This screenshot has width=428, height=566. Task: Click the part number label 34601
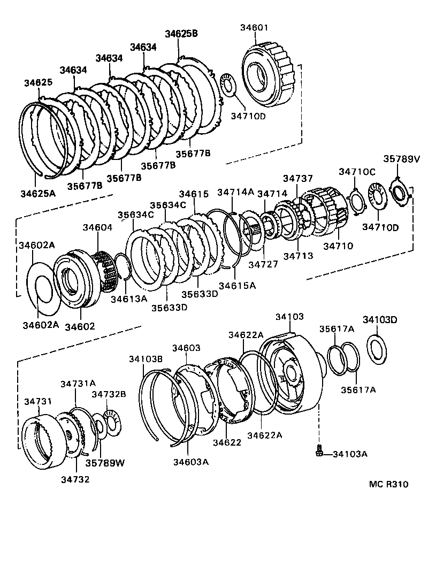[255, 28]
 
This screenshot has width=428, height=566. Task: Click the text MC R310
[388, 484]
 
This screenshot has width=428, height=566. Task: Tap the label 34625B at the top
[181, 33]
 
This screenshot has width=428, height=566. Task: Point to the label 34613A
[128, 299]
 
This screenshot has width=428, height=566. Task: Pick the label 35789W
[105, 462]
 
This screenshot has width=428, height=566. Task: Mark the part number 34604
[97, 227]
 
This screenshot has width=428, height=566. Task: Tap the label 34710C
[357, 171]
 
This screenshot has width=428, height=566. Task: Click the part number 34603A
[190, 462]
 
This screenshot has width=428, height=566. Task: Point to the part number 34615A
[238, 285]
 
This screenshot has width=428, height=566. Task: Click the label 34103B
[145, 358]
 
